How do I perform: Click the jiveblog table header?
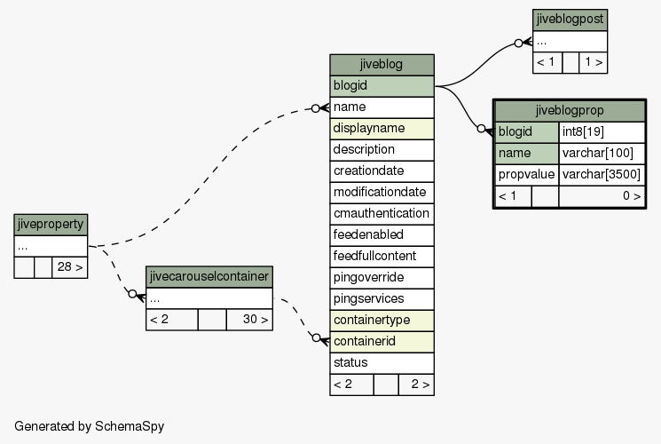click(x=382, y=65)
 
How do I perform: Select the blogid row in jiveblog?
click(x=382, y=86)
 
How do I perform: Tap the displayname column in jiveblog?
click(x=382, y=129)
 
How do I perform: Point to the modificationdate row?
click(x=382, y=193)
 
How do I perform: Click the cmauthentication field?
click(x=382, y=214)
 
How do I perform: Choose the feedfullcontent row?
click(x=382, y=257)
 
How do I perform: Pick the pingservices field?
click(x=382, y=299)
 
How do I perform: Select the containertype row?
click(x=382, y=321)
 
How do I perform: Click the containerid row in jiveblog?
click(x=382, y=342)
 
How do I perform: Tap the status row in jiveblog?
click(x=382, y=363)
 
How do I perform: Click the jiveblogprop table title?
click(x=570, y=111)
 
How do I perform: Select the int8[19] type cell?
click(x=602, y=132)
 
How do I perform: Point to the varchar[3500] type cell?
click(x=602, y=175)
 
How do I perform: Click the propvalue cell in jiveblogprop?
click(x=526, y=175)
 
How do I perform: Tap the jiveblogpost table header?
click(x=570, y=20)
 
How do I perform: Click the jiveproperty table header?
click(x=51, y=225)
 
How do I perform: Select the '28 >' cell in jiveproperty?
click(x=70, y=267)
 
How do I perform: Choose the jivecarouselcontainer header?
click(x=209, y=277)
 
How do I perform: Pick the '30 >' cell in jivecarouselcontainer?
click(x=249, y=320)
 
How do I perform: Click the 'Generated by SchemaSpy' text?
click(x=90, y=426)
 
